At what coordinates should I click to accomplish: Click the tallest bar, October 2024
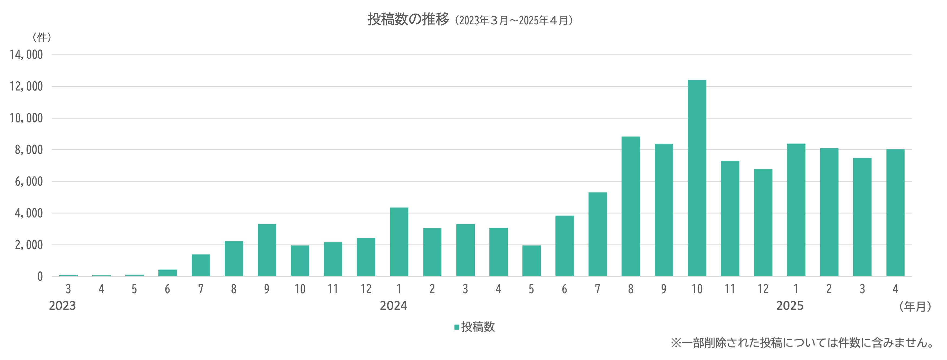pyautogui.click(x=697, y=178)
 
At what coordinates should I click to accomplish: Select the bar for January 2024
pyautogui.click(x=399, y=242)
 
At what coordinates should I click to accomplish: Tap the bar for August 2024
pyautogui.click(x=630, y=206)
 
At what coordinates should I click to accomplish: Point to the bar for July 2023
pyautogui.click(x=201, y=265)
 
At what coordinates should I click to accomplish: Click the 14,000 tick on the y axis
pyautogui.click(x=27, y=55)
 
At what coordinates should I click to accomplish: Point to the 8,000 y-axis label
pyautogui.click(x=29, y=150)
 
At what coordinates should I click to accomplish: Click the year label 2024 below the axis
pyautogui.click(x=393, y=306)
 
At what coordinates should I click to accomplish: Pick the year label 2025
pyautogui.click(x=790, y=306)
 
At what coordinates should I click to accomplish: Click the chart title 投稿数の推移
pyautogui.click(x=408, y=19)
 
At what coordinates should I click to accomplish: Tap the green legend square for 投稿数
pyautogui.click(x=457, y=327)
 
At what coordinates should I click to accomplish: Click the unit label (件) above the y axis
pyautogui.click(x=41, y=37)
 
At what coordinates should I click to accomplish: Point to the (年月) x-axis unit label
pyautogui.click(x=915, y=306)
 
